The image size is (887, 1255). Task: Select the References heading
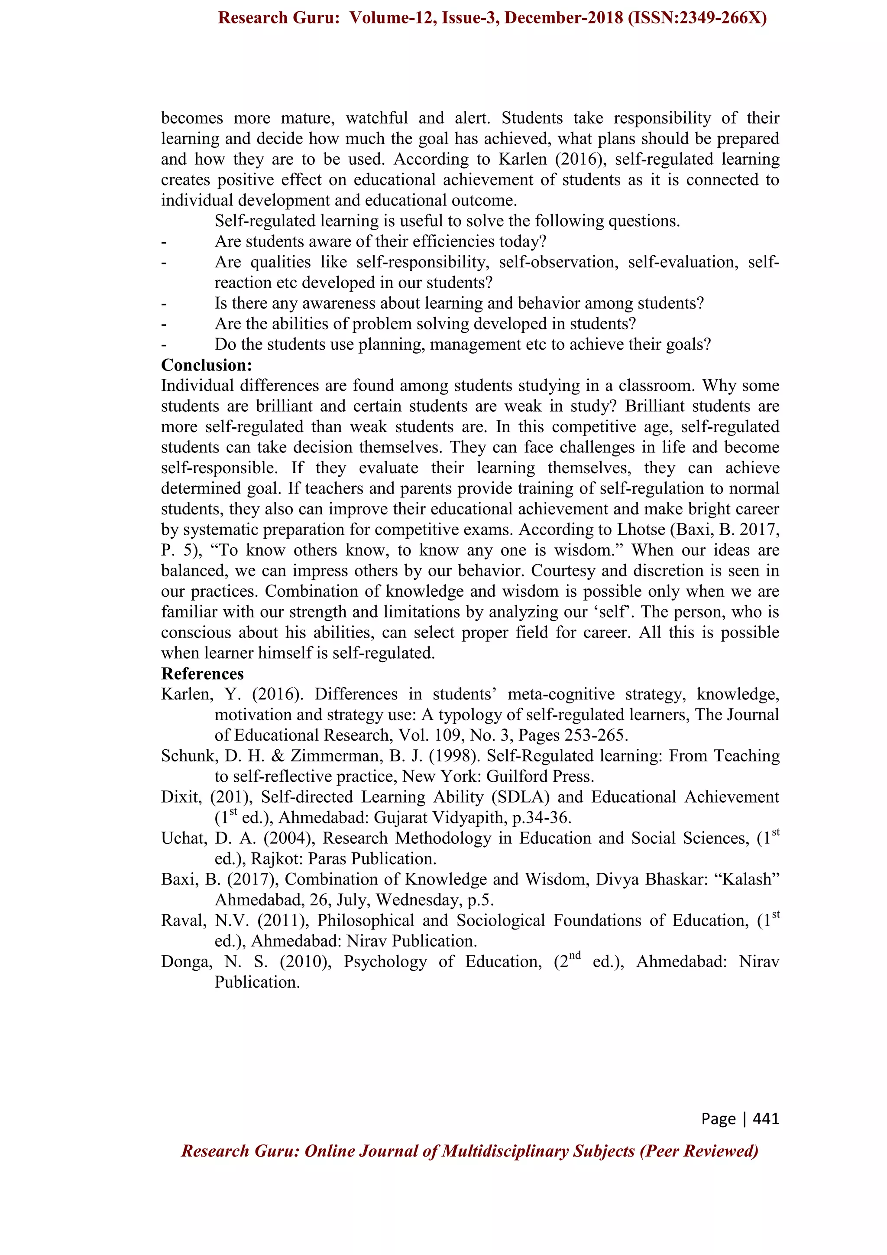(202, 673)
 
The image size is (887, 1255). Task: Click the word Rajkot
(278, 859)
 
